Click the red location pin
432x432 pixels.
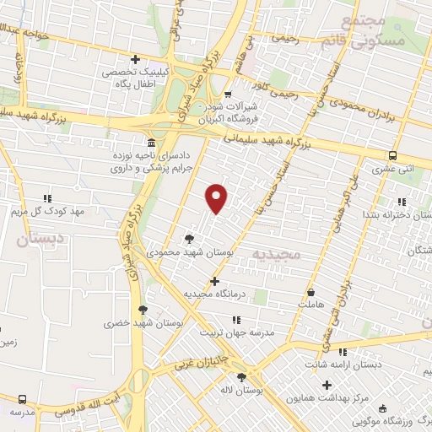point(217,198)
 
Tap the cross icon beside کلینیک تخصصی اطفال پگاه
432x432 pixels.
point(135,59)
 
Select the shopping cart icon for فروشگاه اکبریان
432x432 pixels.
point(229,94)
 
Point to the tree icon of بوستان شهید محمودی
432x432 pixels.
point(188,239)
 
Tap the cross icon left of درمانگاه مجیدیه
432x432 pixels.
point(214,281)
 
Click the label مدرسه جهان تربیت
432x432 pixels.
point(236,332)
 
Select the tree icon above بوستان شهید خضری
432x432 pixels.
point(142,310)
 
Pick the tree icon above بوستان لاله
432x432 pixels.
point(242,377)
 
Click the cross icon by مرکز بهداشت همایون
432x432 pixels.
point(327,385)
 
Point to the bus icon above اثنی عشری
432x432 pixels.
point(392,155)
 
